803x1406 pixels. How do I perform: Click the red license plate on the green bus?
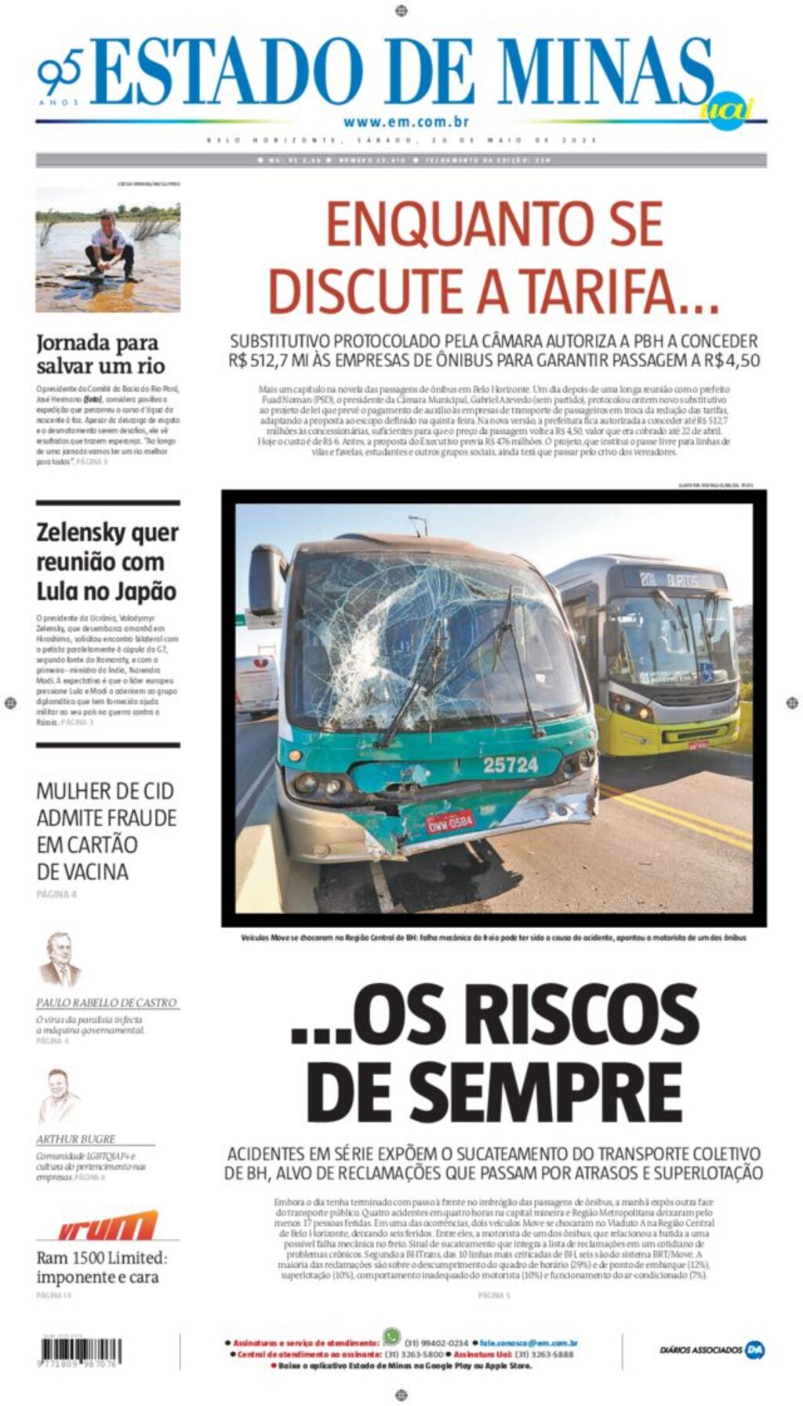click(449, 821)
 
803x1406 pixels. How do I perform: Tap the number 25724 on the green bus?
click(511, 764)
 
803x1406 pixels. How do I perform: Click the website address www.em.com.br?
click(405, 122)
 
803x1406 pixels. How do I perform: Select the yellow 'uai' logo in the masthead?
click(725, 109)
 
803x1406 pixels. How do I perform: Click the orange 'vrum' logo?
click(107, 1226)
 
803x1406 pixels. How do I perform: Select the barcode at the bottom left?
click(78, 1350)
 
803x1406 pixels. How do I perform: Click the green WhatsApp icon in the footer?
click(391, 1336)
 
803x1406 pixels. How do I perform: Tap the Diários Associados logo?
click(711, 1350)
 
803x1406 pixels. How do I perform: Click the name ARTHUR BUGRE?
click(76, 1138)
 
